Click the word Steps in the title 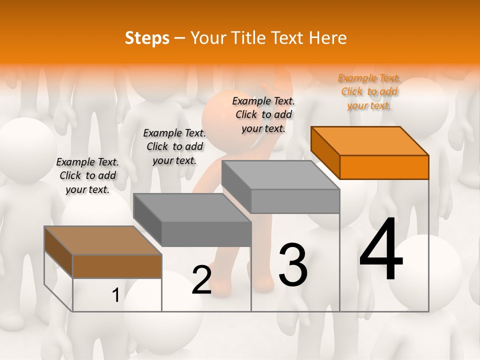(x=147, y=38)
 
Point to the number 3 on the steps (x=292, y=265)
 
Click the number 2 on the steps (x=201, y=280)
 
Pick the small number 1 (x=115, y=295)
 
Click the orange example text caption (x=369, y=91)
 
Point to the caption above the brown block (x=87, y=175)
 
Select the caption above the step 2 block (x=174, y=146)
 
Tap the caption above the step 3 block (x=263, y=114)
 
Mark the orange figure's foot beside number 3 (x=264, y=284)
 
